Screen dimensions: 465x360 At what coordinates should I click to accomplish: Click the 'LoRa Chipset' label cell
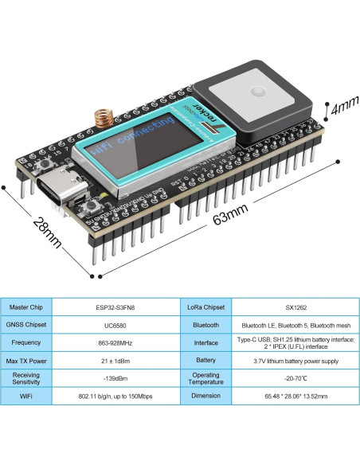pyautogui.click(x=205, y=307)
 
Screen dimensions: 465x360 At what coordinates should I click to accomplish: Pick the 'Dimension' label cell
pyautogui.click(x=205, y=397)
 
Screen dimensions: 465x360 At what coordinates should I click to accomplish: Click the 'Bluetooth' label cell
pyautogui.click(x=205, y=325)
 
